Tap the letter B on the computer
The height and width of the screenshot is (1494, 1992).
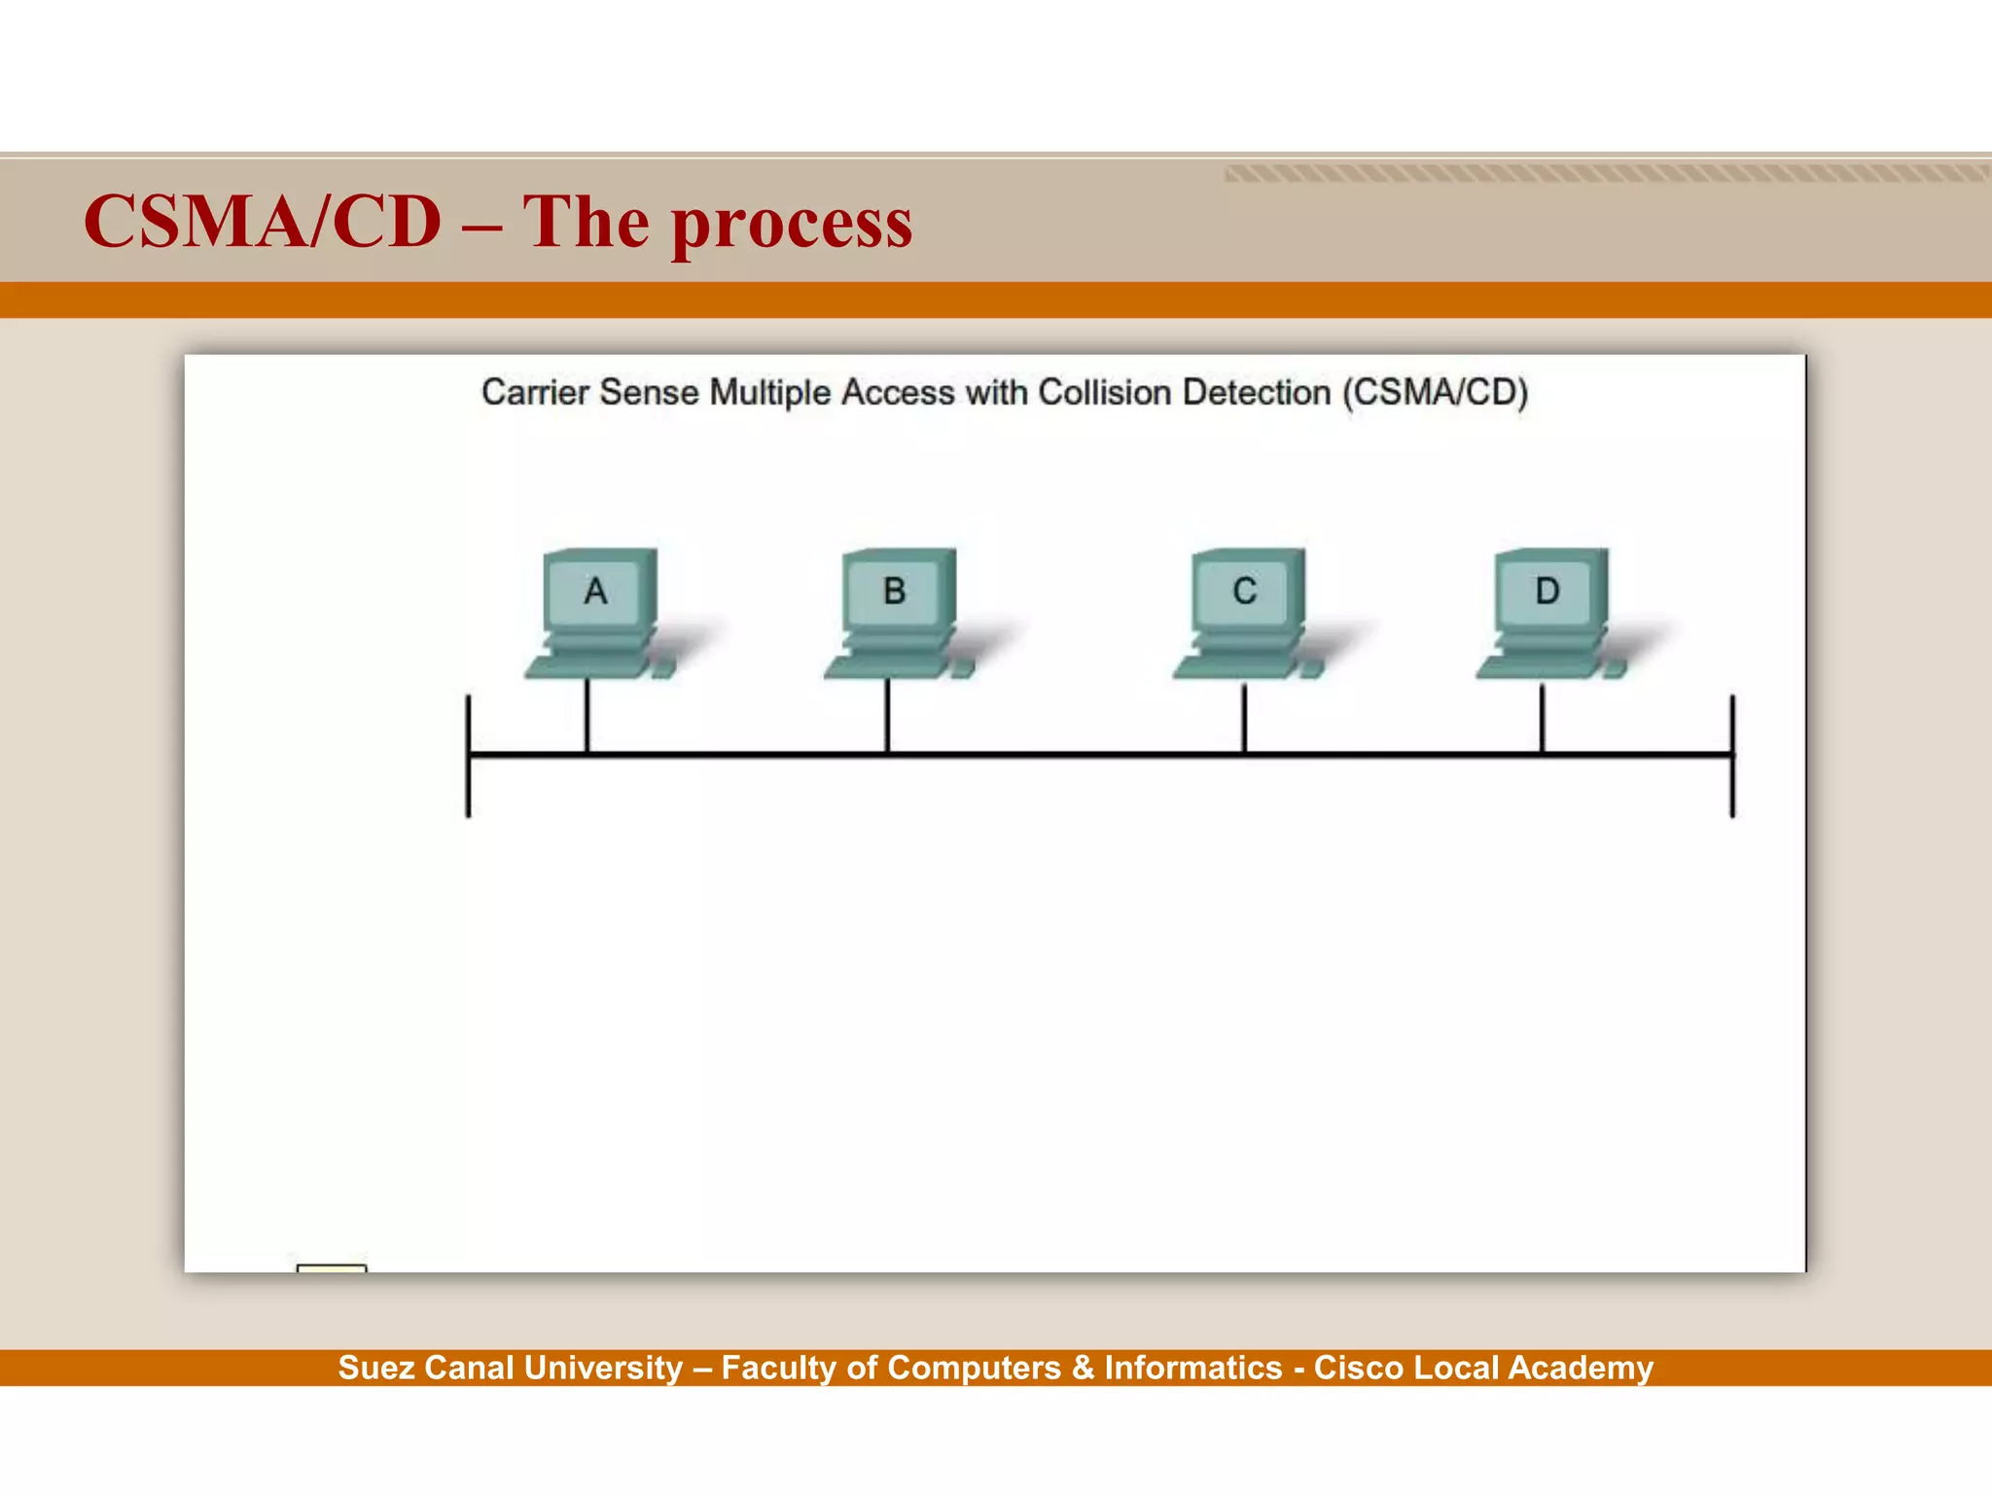pyautogui.click(x=894, y=591)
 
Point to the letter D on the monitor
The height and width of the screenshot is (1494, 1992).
pyautogui.click(x=1547, y=591)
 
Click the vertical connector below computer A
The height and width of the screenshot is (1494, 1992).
pyautogui.click(x=587, y=716)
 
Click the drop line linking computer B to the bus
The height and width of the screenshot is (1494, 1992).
pyautogui.click(x=887, y=716)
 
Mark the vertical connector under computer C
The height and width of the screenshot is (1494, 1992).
pyautogui.click(x=1244, y=718)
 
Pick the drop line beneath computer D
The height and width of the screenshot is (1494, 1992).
pyautogui.click(x=1542, y=718)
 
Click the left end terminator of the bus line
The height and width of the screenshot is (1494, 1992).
pyautogui.click(x=469, y=757)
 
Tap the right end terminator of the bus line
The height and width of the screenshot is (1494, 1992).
pyautogui.click(x=1732, y=757)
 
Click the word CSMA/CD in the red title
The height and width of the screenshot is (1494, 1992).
pyautogui.click(x=263, y=223)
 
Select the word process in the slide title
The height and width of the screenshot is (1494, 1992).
pyautogui.click(x=792, y=225)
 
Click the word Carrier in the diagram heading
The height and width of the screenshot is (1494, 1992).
pyautogui.click(x=536, y=393)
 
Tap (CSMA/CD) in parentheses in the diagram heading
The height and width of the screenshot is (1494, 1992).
pyautogui.click(x=1436, y=393)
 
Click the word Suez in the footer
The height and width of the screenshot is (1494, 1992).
pyautogui.click(x=376, y=1369)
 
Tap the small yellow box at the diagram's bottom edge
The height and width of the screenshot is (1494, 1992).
pyautogui.click(x=332, y=1267)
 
